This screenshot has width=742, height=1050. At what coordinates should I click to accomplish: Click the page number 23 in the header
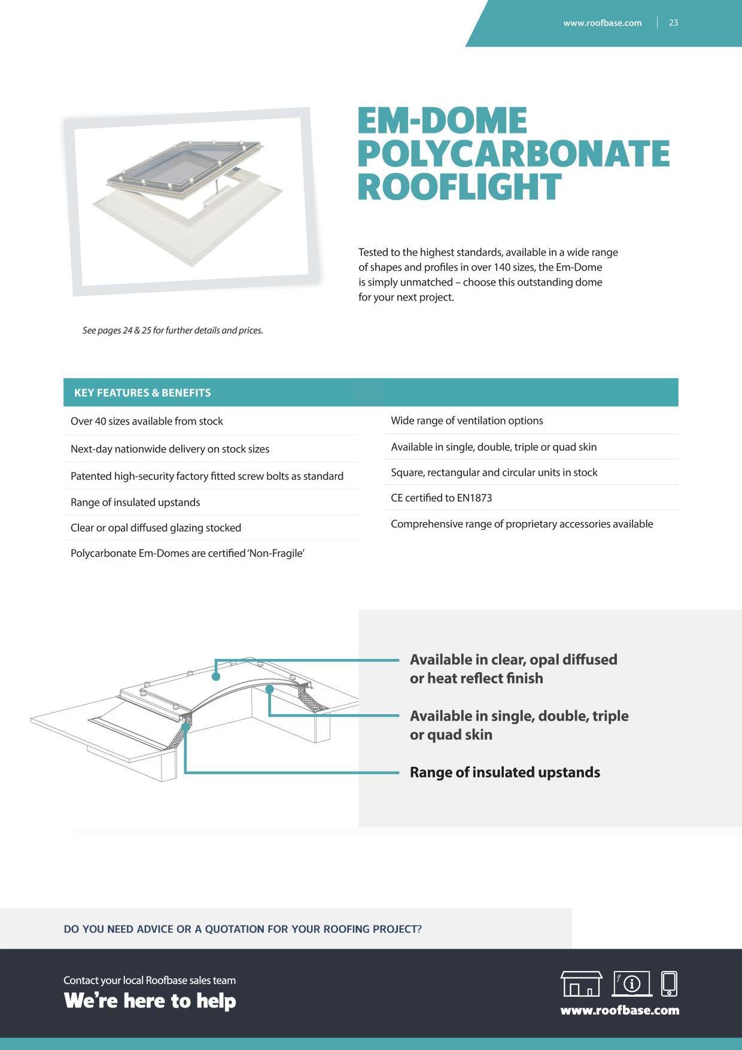point(673,23)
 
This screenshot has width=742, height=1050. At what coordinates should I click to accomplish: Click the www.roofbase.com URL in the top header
point(602,23)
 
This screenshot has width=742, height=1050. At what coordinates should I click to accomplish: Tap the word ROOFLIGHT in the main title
point(459,187)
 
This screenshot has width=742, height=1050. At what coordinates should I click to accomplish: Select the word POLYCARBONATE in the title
point(513,154)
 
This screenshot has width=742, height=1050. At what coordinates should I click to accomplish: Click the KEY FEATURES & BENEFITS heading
point(142,393)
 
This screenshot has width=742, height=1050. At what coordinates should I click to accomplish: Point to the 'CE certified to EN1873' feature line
point(441,497)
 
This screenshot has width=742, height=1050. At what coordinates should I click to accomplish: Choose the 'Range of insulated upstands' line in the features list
point(135,502)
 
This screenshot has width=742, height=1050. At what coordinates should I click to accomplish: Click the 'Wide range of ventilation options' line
point(467,420)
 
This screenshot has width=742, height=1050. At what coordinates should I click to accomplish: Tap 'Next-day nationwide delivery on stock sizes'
point(170,449)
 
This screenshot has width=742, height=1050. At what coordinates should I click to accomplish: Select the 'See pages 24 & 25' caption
point(172,330)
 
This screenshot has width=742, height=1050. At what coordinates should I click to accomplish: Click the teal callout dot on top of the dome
point(216,676)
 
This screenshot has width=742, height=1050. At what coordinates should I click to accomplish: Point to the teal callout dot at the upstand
point(185,727)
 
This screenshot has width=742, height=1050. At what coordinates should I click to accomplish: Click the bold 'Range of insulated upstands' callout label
point(504,772)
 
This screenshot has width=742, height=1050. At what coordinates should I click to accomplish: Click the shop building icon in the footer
point(581,984)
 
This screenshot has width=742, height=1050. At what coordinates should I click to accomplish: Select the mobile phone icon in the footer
point(669,984)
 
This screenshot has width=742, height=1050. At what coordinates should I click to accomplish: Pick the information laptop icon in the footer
point(632,984)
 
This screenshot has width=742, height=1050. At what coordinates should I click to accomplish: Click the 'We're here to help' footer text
point(150,1001)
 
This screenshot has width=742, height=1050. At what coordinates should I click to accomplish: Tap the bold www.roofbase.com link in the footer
point(619,1010)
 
